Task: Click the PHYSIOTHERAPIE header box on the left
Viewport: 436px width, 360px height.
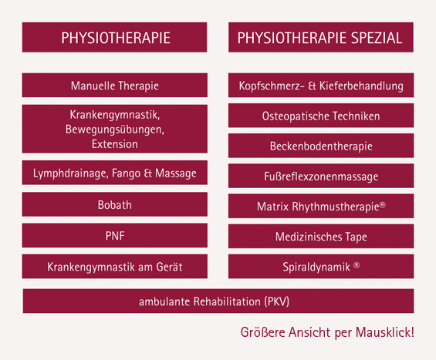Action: (115, 37)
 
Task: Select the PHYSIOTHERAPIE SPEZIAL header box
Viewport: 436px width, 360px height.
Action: (320, 37)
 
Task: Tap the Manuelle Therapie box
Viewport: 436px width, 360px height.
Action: (115, 85)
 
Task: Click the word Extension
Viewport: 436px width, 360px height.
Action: (114, 143)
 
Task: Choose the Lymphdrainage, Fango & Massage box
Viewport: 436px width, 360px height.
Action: (115, 173)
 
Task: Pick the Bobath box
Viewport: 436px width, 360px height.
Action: (115, 205)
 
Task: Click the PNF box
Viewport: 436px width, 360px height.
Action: (115, 236)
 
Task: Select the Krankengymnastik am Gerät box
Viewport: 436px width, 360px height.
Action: (115, 267)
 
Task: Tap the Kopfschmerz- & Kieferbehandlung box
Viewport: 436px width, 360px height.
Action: (320, 85)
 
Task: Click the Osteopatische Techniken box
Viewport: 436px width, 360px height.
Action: (320, 116)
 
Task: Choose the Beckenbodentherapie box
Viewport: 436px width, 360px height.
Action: (320, 146)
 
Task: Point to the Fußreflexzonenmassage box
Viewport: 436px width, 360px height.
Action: (320, 177)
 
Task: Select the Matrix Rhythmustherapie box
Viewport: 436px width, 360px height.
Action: (320, 207)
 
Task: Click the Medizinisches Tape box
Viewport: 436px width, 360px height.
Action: (320, 237)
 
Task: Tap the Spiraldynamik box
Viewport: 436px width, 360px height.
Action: (320, 267)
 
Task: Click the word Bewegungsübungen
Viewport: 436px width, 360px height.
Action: (114, 130)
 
